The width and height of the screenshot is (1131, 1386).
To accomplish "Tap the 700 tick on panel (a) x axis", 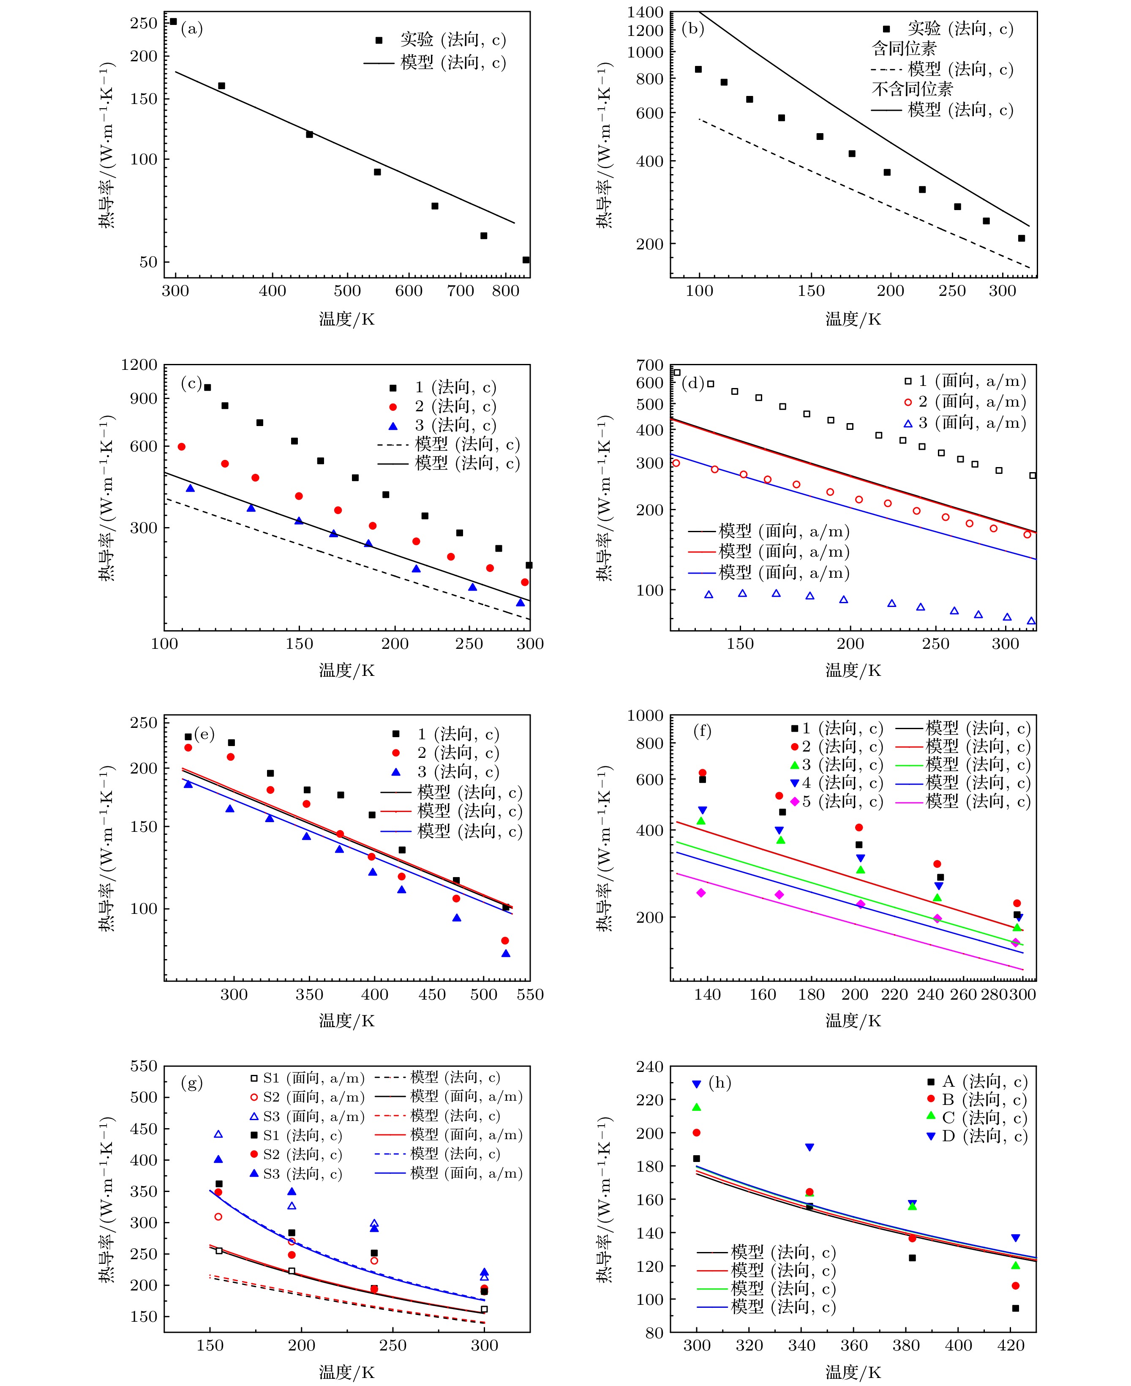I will (x=460, y=291).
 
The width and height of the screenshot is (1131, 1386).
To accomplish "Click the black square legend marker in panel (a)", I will (x=379, y=41).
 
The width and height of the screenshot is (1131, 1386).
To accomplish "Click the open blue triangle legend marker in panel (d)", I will (x=908, y=424).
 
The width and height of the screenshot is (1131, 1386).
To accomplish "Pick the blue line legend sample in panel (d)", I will (x=702, y=573).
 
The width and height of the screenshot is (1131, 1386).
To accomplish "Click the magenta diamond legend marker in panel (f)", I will (x=795, y=801).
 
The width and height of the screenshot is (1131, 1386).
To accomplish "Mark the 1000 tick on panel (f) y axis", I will (x=645, y=716).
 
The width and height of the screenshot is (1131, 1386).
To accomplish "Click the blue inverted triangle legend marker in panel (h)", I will (x=931, y=1137).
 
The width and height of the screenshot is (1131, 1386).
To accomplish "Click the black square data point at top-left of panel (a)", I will (x=173, y=22).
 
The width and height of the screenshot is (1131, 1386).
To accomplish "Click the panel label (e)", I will (x=204, y=734).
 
